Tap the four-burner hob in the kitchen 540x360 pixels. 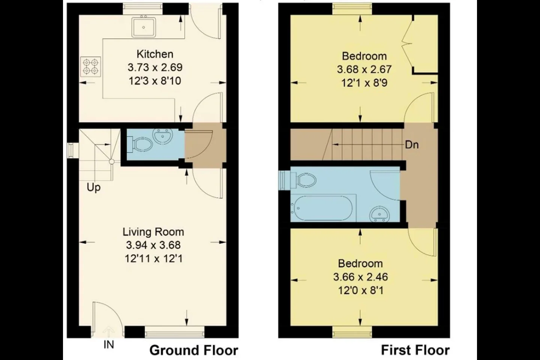[x=91, y=67]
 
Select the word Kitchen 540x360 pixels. [x=155, y=54]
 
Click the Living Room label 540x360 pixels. [x=153, y=232]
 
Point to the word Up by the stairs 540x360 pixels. [x=93, y=187]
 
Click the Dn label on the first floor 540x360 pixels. [x=412, y=145]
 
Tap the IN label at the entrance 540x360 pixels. [x=109, y=345]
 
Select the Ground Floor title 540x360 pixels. [x=194, y=350]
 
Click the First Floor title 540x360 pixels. [x=415, y=350]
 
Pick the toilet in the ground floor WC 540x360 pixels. [x=141, y=145]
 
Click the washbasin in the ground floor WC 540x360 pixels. [x=163, y=136]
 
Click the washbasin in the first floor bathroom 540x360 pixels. [x=379, y=214]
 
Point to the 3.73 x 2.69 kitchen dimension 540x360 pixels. [x=155, y=67]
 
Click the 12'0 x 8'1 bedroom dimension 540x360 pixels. [x=361, y=291]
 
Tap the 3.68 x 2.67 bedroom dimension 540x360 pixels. [x=364, y=69]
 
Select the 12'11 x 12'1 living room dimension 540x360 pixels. [x=154, y=259]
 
